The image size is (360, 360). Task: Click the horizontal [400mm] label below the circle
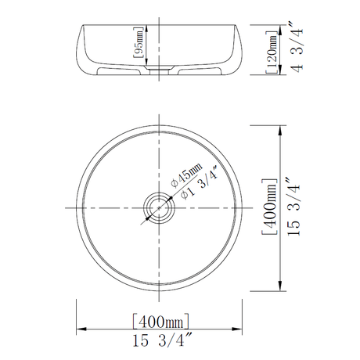point(160,321)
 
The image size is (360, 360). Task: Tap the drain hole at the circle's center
point(160,209)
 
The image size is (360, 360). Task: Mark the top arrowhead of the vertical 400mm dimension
point(282,129)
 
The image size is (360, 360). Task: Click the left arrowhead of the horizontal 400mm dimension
point(79,329)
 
